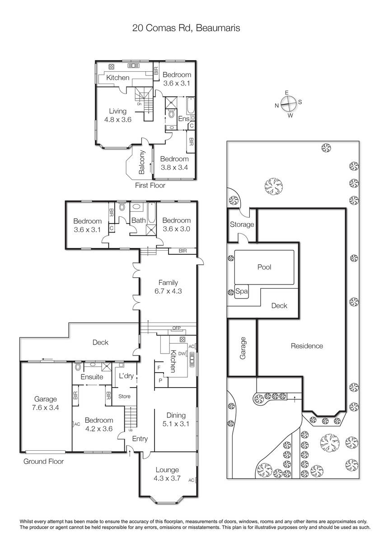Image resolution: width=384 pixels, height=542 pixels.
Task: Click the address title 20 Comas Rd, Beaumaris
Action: [186, 28]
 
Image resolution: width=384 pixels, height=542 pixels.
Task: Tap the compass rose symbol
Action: [288, 104]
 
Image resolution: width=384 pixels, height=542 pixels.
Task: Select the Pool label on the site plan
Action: [264, 267]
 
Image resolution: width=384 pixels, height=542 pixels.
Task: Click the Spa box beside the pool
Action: [242, 291]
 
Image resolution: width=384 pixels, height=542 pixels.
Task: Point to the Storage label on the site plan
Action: [242, 224]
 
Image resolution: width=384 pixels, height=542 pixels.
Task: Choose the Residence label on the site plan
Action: [307, 346]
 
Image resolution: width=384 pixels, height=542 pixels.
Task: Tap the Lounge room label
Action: [167, 470]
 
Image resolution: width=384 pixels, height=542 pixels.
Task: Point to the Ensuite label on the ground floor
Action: [92, 377]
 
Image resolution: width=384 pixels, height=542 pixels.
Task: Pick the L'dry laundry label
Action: [126, 376]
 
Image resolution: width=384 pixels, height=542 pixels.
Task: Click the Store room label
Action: [124, 397]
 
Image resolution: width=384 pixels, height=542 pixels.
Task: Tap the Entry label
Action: [140, 439]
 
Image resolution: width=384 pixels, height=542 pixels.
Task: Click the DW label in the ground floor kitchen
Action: [182, 354]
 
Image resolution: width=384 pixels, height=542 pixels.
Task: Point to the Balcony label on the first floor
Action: [142, 162]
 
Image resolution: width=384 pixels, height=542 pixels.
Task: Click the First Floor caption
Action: [150, 185]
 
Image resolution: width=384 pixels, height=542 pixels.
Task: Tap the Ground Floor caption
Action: [43, 461]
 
